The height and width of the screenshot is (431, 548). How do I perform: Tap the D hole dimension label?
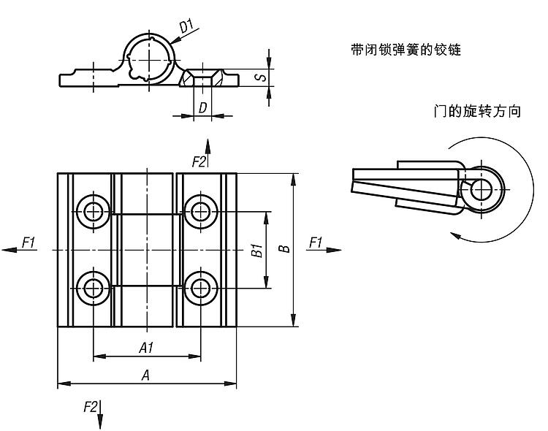(202, 108)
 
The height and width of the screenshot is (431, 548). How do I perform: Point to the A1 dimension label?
(146, 348)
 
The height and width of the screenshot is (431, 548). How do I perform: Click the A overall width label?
(146, 375)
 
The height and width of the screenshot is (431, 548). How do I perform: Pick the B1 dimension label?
(256, 250)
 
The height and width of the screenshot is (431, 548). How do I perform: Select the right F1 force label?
(316, 242)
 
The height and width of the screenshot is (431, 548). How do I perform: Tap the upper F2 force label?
(198, 161)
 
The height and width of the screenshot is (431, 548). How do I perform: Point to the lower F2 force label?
(91, 407)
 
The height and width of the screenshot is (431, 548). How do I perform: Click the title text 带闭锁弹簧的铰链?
(406, 51)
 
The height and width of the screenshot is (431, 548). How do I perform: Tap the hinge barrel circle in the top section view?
(151, 56)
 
